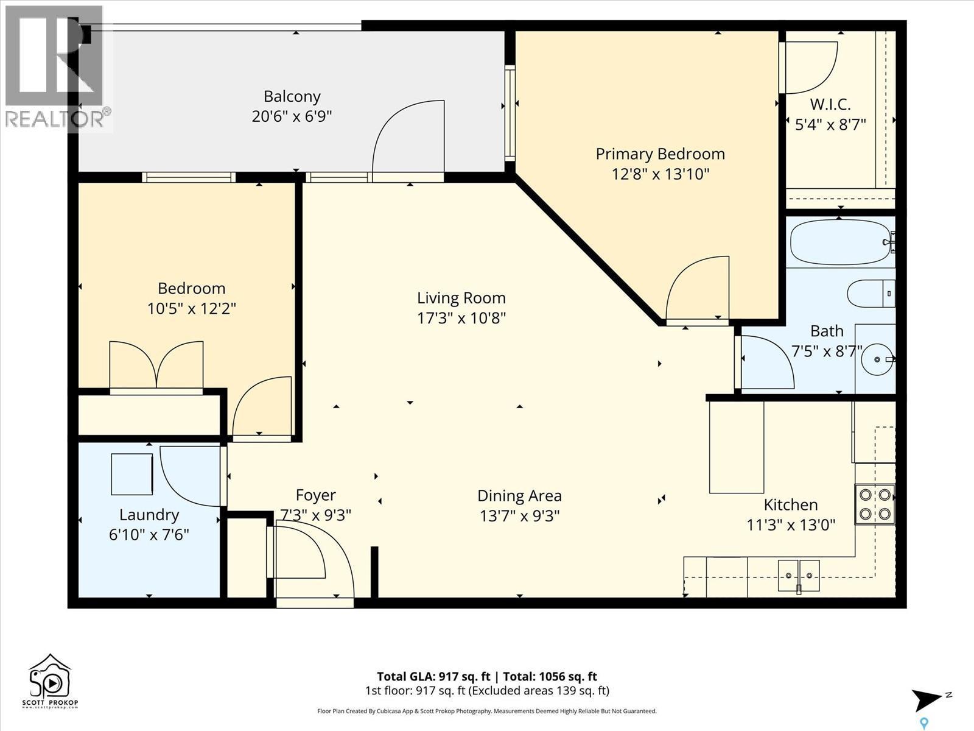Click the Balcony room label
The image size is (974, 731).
pyautogui.click(x=292, y=96)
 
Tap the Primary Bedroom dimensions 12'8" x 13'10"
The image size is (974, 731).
pyautogui.click(x=660, y=174)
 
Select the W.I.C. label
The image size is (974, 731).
pyautogui.click(x=830, y=104)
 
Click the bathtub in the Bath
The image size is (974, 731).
pyautogui.click(x=841, y=242)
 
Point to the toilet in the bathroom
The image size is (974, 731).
pyautogui.click(x=871, y=294)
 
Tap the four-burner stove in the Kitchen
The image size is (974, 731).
pyautogui.click(x=875, y=504)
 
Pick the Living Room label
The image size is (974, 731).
pyautogui.click(x=461, y=298)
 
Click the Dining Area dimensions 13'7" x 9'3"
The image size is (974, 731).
pyautogui.click(x=519, y=516)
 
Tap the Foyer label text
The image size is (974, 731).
pyautogui.click(x=315, y=495)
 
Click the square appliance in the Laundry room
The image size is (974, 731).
pyautogui.click(x=131, y=474)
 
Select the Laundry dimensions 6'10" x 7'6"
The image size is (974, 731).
pyautogui.click(x=149, y=535)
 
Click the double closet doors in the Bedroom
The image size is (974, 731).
pyautogui.click(x=156, y=365)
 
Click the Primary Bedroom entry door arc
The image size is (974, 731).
pyautogui.click(x=697, y=289)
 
